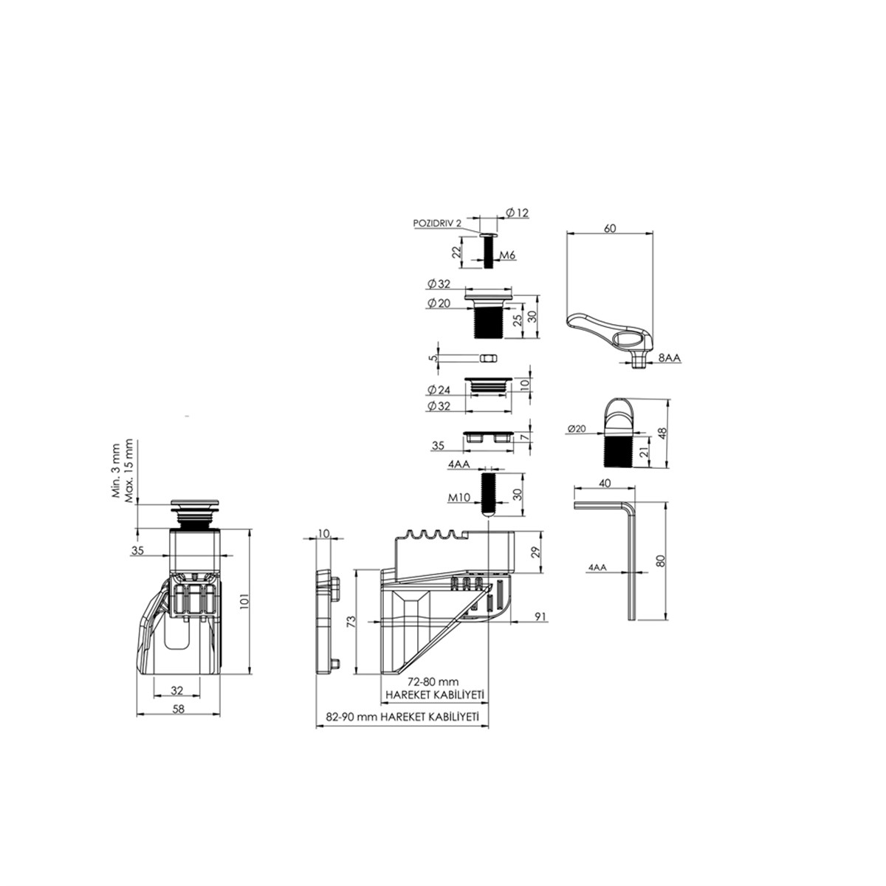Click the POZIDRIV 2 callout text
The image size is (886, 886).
pos(437,223)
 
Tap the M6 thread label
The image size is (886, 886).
pos(507,255)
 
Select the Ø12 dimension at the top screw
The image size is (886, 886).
pos(518,213)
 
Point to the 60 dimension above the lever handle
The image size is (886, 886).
pos(610,228)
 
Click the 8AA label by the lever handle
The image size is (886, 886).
pos(670,357)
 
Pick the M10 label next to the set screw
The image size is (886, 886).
pos(459,497)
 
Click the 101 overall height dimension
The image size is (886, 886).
pos(244,601)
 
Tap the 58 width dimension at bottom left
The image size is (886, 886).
pos(178,709)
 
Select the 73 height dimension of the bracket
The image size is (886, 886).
pos(351,622)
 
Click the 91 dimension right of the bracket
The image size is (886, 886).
pos(540,616)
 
